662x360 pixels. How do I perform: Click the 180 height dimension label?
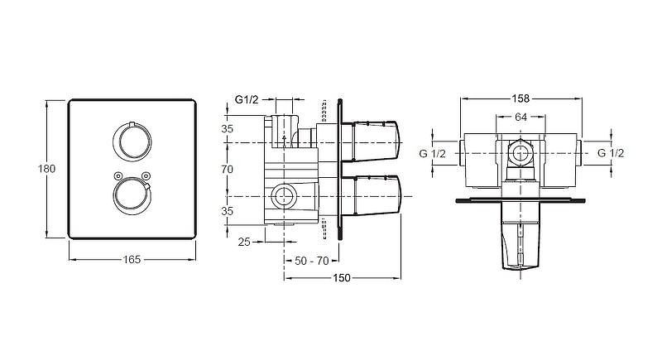[x=46, y=169]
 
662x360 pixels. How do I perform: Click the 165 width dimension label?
[x=132, y=259]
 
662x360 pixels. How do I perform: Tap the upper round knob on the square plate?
[x=132, y=142]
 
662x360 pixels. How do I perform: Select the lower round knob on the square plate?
[x=132, y=196]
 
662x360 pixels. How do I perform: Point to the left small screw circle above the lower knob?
[x=118, y=175]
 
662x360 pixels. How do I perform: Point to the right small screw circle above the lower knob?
[x=146, y=175]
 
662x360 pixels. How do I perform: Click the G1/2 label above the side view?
[x=247, y=100]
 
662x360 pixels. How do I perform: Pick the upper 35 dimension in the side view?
[x=227, y=129]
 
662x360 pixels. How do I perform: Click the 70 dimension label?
[x=227, y=169]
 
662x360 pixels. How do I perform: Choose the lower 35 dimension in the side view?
[x=227, y=210]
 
